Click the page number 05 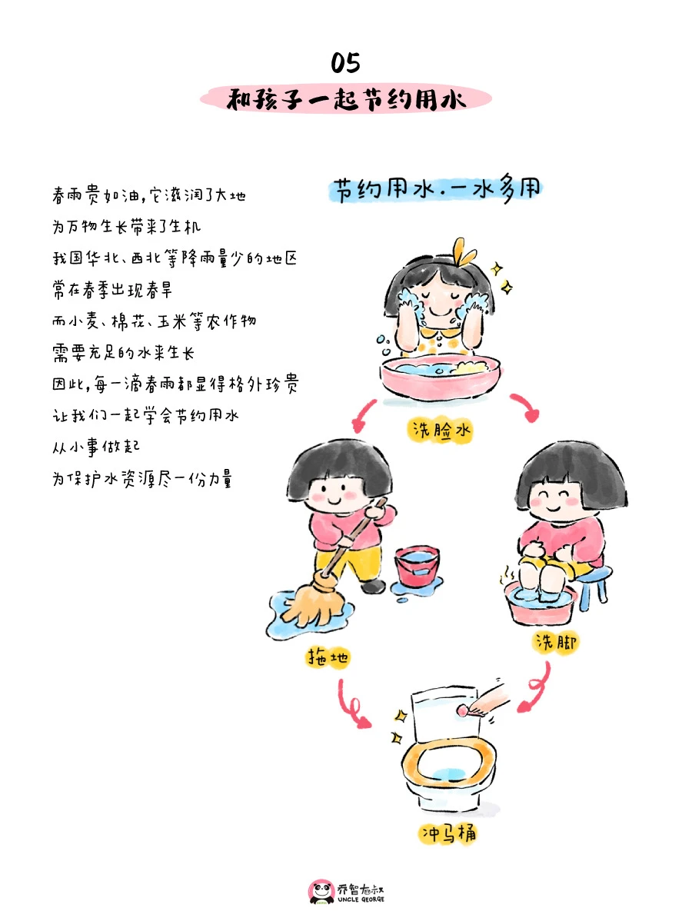click(345, 62)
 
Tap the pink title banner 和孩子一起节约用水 click(345, 99)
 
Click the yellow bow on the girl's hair click(461, 251)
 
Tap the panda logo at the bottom click(321, 893)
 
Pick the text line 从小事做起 click(95, 447)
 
